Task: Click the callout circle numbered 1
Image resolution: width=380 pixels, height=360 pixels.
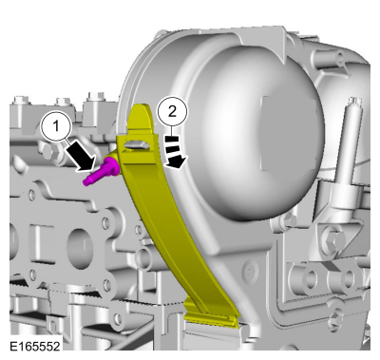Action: [x=57, y=127]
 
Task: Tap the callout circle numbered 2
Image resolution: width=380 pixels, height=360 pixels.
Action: [x=172, y=112]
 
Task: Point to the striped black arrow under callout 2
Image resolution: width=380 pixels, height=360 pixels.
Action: [x=175, y=151]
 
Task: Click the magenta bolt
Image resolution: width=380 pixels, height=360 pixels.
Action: [x=102, y=171]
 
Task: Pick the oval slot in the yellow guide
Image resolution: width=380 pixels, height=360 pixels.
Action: [x=137, y=145]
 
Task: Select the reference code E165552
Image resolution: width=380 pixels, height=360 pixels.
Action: [x=34, y=346]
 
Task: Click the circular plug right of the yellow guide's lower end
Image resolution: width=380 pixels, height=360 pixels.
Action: [x=250, y=270]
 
